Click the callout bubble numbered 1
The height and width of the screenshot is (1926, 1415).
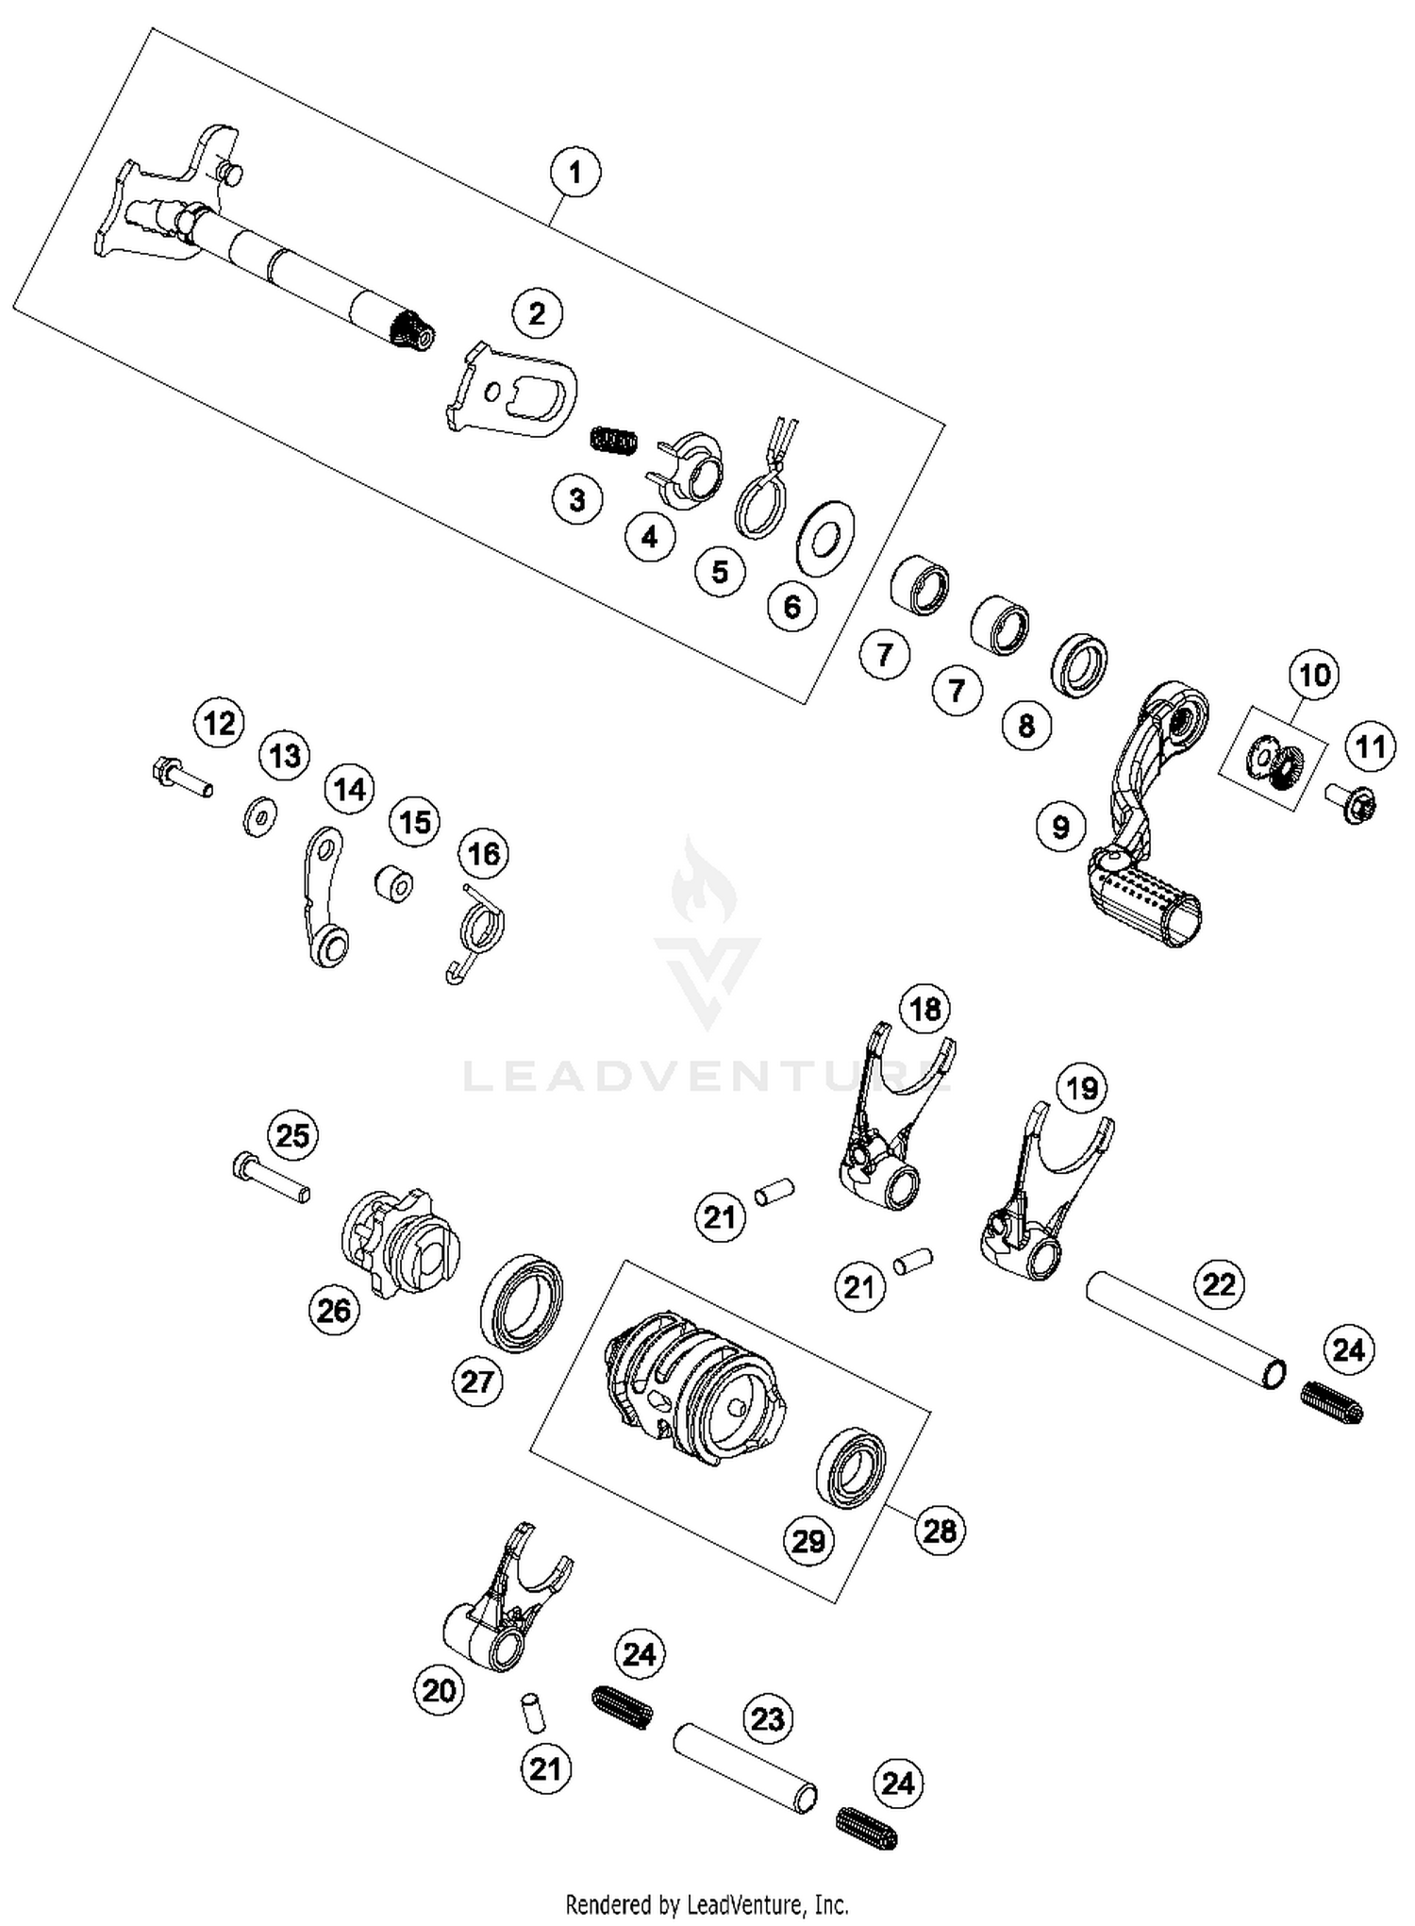[575, 174]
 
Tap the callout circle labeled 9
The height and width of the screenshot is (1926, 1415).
[1061, 828]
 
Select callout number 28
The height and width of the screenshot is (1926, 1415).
[940, 1530]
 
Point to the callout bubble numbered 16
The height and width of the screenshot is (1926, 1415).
[484, 854]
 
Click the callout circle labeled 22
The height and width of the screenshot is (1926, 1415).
[1219, 1283]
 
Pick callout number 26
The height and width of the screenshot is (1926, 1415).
[334, 1310]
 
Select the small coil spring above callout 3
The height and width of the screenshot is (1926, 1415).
[614, 439]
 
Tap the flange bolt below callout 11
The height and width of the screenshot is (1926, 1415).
[1354, 804]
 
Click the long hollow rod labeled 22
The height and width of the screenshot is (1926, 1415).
[1185, 1332]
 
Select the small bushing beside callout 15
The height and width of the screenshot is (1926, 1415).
[393, 884]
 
